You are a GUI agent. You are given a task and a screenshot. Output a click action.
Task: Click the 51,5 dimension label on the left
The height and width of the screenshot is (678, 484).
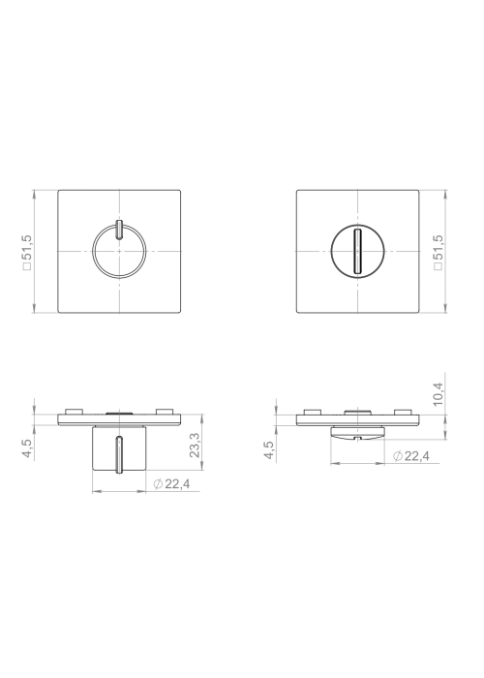point(28,247)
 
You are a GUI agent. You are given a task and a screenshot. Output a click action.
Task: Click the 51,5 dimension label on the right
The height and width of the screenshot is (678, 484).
point(438,247)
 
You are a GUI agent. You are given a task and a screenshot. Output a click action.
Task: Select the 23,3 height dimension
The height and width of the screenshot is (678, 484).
point(195,445)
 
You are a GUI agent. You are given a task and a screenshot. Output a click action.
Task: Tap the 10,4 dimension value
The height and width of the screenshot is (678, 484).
point(438,394)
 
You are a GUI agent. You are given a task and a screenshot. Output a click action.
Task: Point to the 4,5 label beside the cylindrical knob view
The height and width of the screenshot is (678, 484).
point(27,448)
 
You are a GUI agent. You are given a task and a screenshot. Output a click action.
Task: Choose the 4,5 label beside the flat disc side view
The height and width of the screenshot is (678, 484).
point(269,450)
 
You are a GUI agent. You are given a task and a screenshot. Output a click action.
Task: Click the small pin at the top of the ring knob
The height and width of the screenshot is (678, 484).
point(119,230)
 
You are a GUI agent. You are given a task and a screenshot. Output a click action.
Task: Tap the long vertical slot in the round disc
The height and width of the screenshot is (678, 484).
point(357,251)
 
